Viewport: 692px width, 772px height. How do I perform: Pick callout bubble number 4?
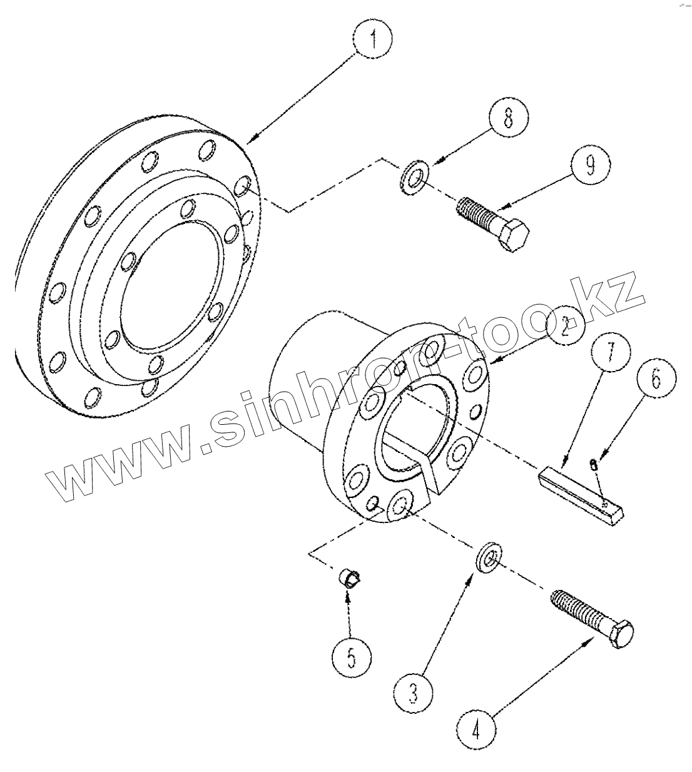pyautogui.click(x=477, y=729)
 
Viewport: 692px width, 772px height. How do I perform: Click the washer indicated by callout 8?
pyautogui.click(x=412, y=177)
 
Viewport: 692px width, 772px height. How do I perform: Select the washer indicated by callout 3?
pyautogui.click(x=487, y=557)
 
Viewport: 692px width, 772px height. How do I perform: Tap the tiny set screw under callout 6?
pyautogui.click(x=594, y=464)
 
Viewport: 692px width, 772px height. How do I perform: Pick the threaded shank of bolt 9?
pyautogui.click(x=478, y=213)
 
